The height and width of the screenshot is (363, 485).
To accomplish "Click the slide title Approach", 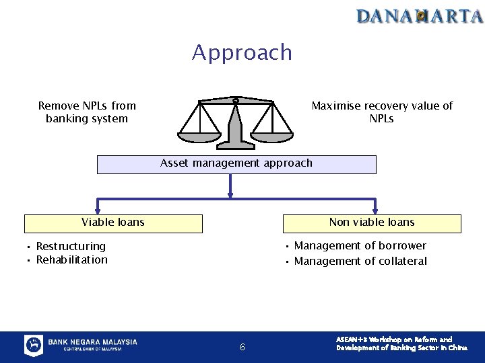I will click(x=242, y=52).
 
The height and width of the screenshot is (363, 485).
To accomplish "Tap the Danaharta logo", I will click(x=420, y=15).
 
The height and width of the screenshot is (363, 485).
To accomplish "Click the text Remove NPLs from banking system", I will click(x=87, y=112).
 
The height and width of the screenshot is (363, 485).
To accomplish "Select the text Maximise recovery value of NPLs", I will click(x=381, y=112).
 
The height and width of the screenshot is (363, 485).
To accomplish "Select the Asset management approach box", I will click(x=236, y=164).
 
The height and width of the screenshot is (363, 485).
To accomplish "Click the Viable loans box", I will click(x=113, y=223).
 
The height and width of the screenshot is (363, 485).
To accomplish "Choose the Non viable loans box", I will click(x=372, y=223).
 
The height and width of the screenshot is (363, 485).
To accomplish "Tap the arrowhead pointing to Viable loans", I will click(x=98, y=209).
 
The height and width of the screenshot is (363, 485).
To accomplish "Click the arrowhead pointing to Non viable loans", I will click(x=375, y=209).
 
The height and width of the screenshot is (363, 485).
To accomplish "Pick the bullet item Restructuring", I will click(x=71, y=247).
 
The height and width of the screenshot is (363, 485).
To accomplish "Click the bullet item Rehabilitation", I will click(x=71, y=260).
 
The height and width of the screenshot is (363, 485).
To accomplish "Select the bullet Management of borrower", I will click(x=360, y=246).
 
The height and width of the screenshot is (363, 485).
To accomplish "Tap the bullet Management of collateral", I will click(x=360, y=261).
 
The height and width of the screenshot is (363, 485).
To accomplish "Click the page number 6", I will click(x=243, y=348).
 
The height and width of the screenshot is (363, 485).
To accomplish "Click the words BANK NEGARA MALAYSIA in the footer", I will click(x=92, y=342).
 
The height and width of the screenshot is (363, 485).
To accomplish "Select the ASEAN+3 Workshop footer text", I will click(x=401, y=344).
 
